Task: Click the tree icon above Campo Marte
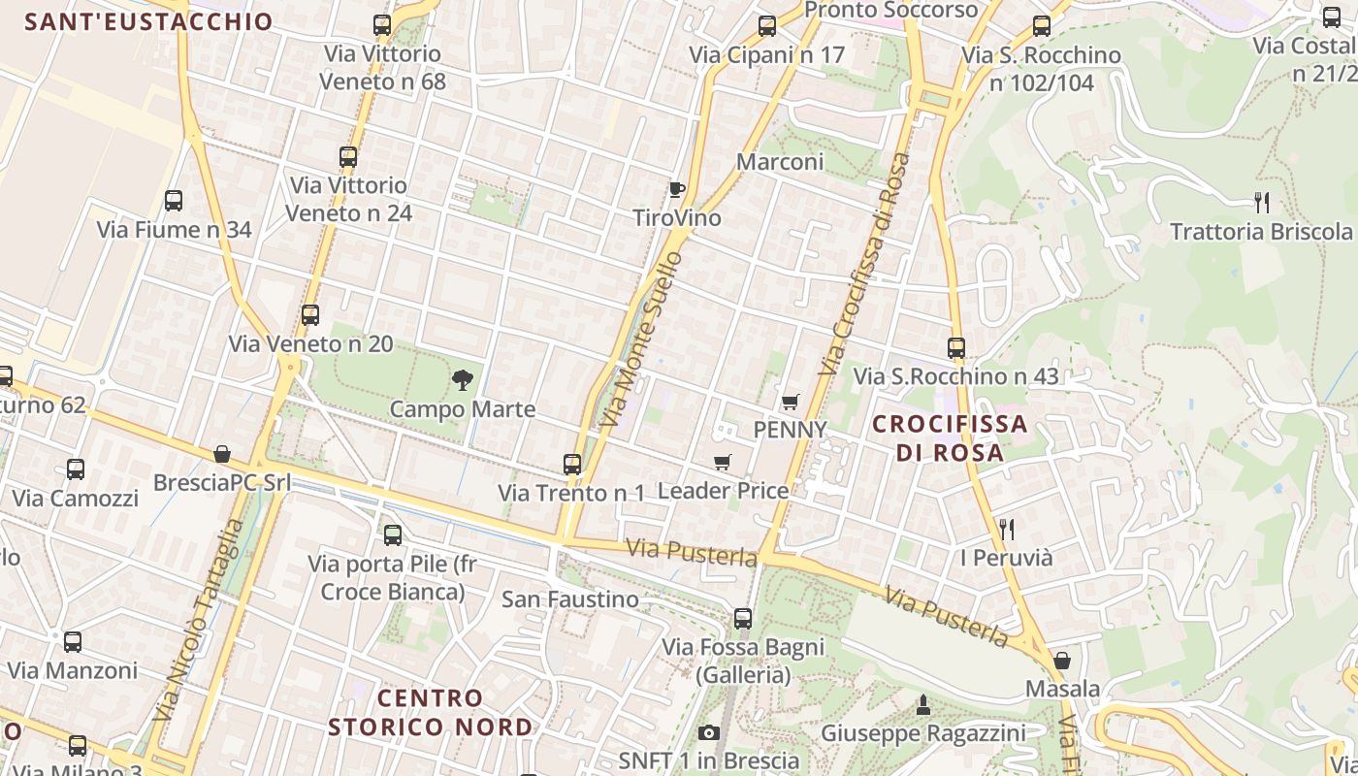(463, 379)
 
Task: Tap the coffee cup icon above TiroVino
(676, 189)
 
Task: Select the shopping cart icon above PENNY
(791, 402)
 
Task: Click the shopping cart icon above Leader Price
(722, 463)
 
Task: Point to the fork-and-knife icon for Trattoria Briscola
(1262, 203)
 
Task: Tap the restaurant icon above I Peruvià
(1007, 529)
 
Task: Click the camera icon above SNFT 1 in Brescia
(709, 732)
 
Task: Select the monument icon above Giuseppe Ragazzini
(923, 705)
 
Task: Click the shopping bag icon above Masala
(1062, 661)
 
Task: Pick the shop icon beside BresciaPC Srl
(222, 454)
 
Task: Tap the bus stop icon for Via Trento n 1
(572, 465)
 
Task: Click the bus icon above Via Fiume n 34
(174, 201)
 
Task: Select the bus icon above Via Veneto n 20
(310, 315)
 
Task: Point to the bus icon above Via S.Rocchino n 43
(956, 347)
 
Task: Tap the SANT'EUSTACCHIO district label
(148, 22)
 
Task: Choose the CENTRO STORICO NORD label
(431, 712)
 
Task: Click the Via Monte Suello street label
(640, 339)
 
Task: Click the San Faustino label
(570, 599)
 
